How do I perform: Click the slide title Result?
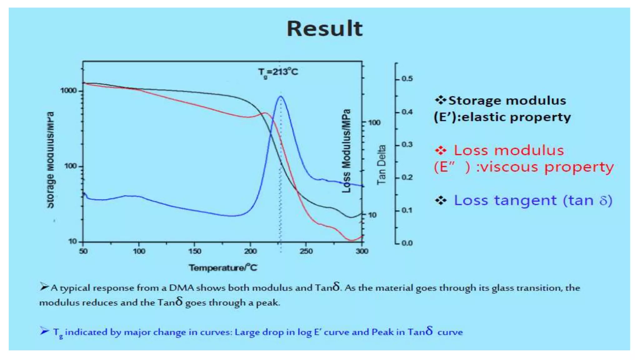pyautogui.click(x=324, y=29)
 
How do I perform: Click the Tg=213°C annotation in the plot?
pyautogui.click(x=278, y=72)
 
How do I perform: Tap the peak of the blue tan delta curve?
pyautogui.click(x=280, y=97)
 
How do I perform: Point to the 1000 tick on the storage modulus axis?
pyautogui.click(x=68, y=91)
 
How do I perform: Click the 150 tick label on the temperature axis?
pyautogui.click(x=194, y=251)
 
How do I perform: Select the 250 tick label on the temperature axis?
pyautogui.click(x=306, y=251)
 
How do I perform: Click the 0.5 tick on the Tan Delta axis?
pyautogui.click(x=407, y=79)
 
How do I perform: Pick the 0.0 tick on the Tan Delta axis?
pyautogui.click(x=407, y=243)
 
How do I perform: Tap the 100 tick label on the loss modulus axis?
pyautogui.click(x=374, y=122)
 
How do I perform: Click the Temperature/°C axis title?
pyautogui.click(x=223, y=267)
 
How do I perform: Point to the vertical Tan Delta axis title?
pyautogui.click(x=382, y=165)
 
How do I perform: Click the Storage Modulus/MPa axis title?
pyautogui.click(x=50, y=160)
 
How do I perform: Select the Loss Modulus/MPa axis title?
pyautogui.click(x=346, y=151)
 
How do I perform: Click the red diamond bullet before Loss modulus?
pyautogui.click(x=441, y=151)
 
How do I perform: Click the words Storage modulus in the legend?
pyautogui.click(x=507, y=101)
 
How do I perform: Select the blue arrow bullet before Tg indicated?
pyautogui.click(x=44, y=331)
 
